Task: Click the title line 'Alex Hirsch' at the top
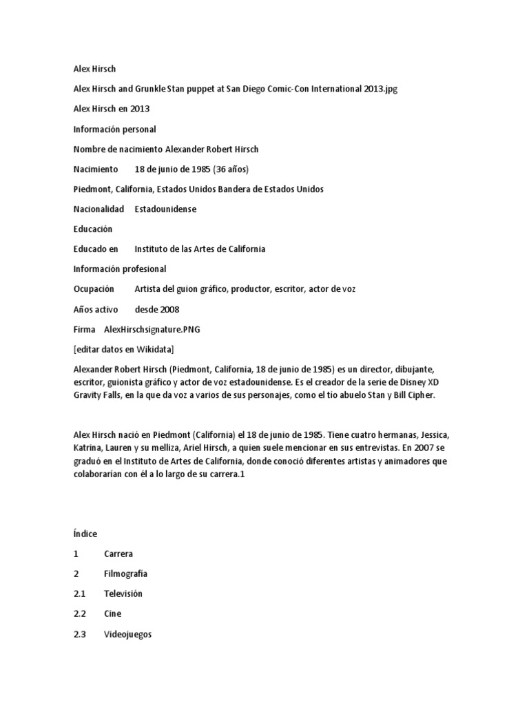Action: point(96,69)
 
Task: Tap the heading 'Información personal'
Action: point(114,129)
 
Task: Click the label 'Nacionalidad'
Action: point(98,209)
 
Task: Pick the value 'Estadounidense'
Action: point(165,209)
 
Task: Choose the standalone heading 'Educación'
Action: point(92,229)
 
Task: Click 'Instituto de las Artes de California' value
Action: point(200,249)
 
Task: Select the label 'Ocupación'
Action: point(94,288)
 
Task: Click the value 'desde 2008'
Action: point(157,309)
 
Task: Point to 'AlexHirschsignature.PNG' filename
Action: point(152,329)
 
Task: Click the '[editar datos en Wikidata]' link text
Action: point(124,349)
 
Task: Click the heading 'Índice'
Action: point(85,534)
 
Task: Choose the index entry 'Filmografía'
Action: point(125,574)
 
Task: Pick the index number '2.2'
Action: point(79,613)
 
